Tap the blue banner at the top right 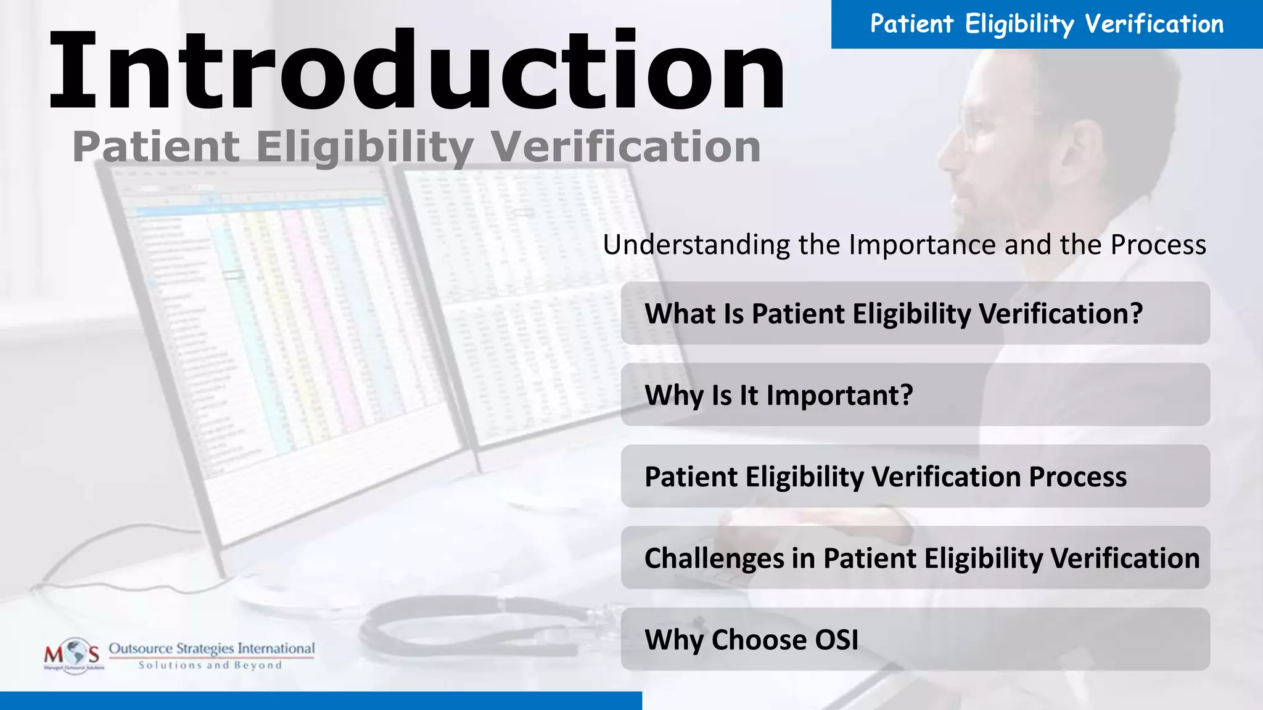pyautogui.click(x=1047, y=24)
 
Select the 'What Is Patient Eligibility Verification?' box pyautogui.click(x=915, y=313)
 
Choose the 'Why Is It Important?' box pyautogui.click(x=915, y=394)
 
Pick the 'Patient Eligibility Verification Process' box pyautogui.click(x=915, y=476)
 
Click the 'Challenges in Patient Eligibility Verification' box pyautogui.click(x=915, y=558)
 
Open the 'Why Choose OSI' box pyautogui.click(x=915, y=639)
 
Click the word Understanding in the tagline pyautogui.click(x=696, y=245)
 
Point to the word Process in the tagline pyautogui.click(x=1158, y=245)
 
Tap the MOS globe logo pyautogui.click(x=74, y=655)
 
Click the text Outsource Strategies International pyautogui.click(x=212, y=648)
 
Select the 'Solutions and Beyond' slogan pyautogui.click(x=210, y=666)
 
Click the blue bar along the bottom pyautogui.click(x=321, y=701)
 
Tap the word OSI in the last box pyautogui.click(x=836, y=640)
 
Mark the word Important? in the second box pyautogui.click(x=839, y=395)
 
